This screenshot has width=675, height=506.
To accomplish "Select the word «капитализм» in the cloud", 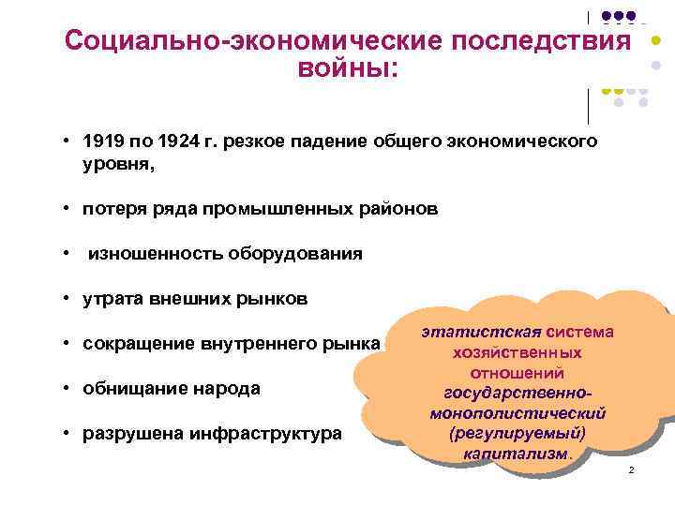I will [x=515, y=454].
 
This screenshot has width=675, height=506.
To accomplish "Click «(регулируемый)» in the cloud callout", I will [x=517, y=433].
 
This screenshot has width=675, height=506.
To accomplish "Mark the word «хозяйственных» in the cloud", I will [x=517, y=353].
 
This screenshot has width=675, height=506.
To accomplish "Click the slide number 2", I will [x=631, y=469].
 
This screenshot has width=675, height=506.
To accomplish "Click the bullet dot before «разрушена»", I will [x=69, y=433].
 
